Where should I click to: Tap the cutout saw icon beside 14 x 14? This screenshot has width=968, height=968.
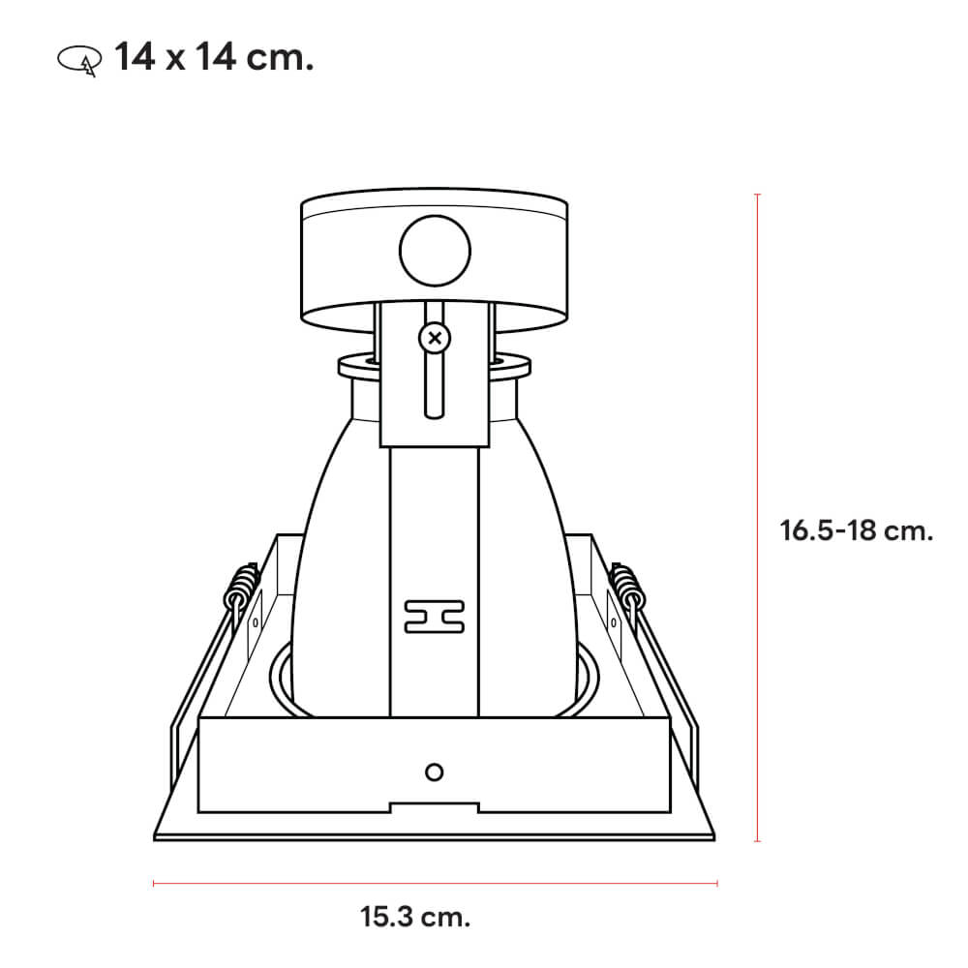78,60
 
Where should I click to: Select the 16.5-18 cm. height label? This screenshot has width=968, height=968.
856,530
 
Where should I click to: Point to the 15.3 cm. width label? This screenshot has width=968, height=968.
415,916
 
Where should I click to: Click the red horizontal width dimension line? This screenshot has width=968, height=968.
436,882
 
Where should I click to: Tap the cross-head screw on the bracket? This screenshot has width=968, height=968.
435,339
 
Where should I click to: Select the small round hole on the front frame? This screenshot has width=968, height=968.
435,771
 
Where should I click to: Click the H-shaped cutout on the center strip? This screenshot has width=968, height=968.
435,617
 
